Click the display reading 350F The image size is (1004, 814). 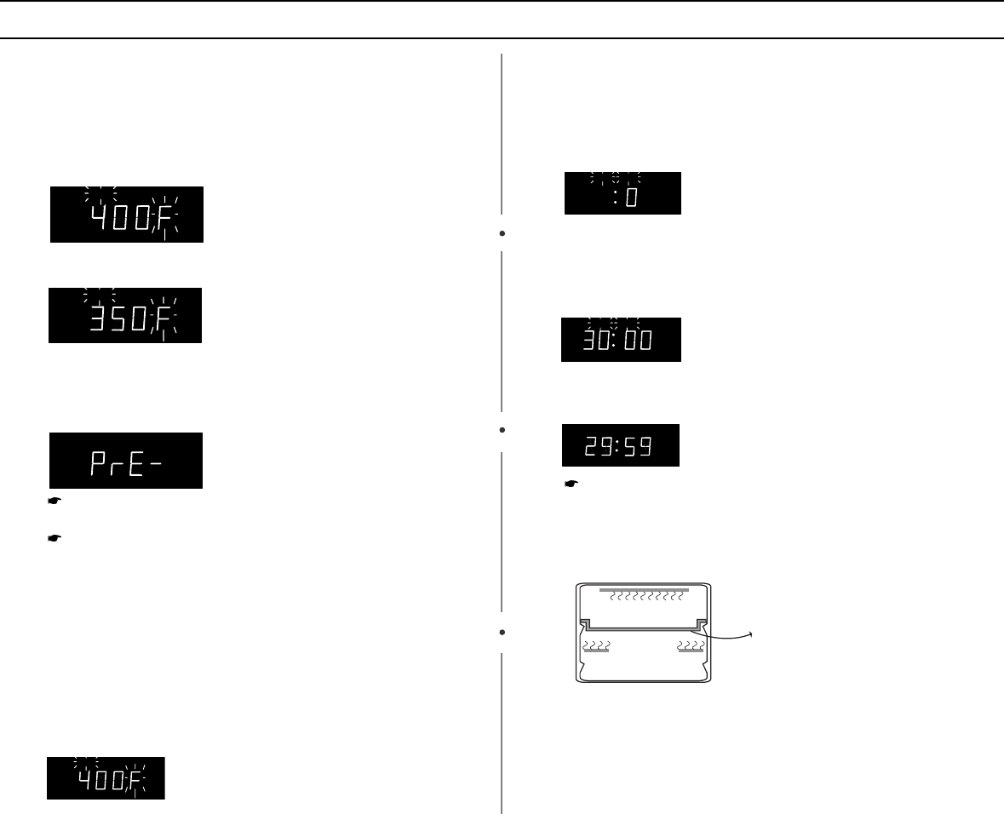125,315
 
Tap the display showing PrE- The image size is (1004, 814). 125,460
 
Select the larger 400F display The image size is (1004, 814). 126,214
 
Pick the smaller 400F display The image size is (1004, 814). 106,777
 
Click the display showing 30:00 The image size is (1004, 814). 621,340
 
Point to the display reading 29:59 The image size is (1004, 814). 621,444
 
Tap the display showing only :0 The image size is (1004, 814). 622,193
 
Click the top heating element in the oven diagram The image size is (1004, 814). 645,589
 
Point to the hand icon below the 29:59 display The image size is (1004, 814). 572,484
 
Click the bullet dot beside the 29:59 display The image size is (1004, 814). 504,430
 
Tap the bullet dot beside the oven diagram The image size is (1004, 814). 504,633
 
